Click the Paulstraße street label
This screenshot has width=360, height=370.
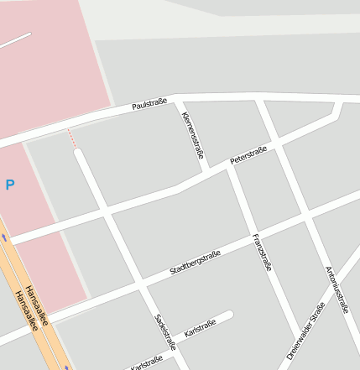click(149, 105)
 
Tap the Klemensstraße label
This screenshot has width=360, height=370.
click(193, 134)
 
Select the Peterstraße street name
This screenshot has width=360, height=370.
click(248, 154)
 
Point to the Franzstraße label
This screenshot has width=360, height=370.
click(262, 252)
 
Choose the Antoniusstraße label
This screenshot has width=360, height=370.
click(337, 289)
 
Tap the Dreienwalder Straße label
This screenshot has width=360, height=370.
click(305, 331)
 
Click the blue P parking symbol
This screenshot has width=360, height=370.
click(10, 185)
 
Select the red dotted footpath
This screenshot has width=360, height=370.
click(72, 138)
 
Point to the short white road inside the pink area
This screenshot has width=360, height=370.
click(15, 41)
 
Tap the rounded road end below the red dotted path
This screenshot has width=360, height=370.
click(79, 154)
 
